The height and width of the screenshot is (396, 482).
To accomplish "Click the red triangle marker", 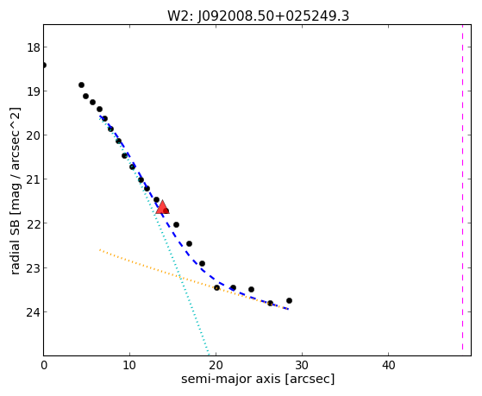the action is pos(162,207).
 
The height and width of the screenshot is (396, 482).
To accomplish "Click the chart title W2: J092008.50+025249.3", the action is pos(258,16).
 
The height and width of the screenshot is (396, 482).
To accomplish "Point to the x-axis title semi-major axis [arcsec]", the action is pos(258,379).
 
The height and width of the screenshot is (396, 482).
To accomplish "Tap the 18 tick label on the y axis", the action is pos(33,47).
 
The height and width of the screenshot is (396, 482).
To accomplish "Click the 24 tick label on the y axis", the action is pos(33,312).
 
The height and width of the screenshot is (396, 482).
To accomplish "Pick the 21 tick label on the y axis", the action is pos(33,179).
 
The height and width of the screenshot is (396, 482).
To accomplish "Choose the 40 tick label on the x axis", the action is pos(388,365).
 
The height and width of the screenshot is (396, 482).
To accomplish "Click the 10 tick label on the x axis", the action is pos(129,365).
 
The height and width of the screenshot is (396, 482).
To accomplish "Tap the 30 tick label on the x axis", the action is pos(302,365).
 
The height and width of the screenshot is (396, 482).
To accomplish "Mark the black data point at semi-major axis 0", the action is pos(44,65).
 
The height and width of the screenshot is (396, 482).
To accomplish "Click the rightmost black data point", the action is pos(289,300).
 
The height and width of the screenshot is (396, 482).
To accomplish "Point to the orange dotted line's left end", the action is pos(100,249).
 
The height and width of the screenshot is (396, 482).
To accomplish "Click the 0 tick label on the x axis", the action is pos(44,365).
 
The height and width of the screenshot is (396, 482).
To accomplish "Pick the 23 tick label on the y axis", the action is pos(33,268).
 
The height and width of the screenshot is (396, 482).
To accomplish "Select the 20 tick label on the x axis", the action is pos(216,365).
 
